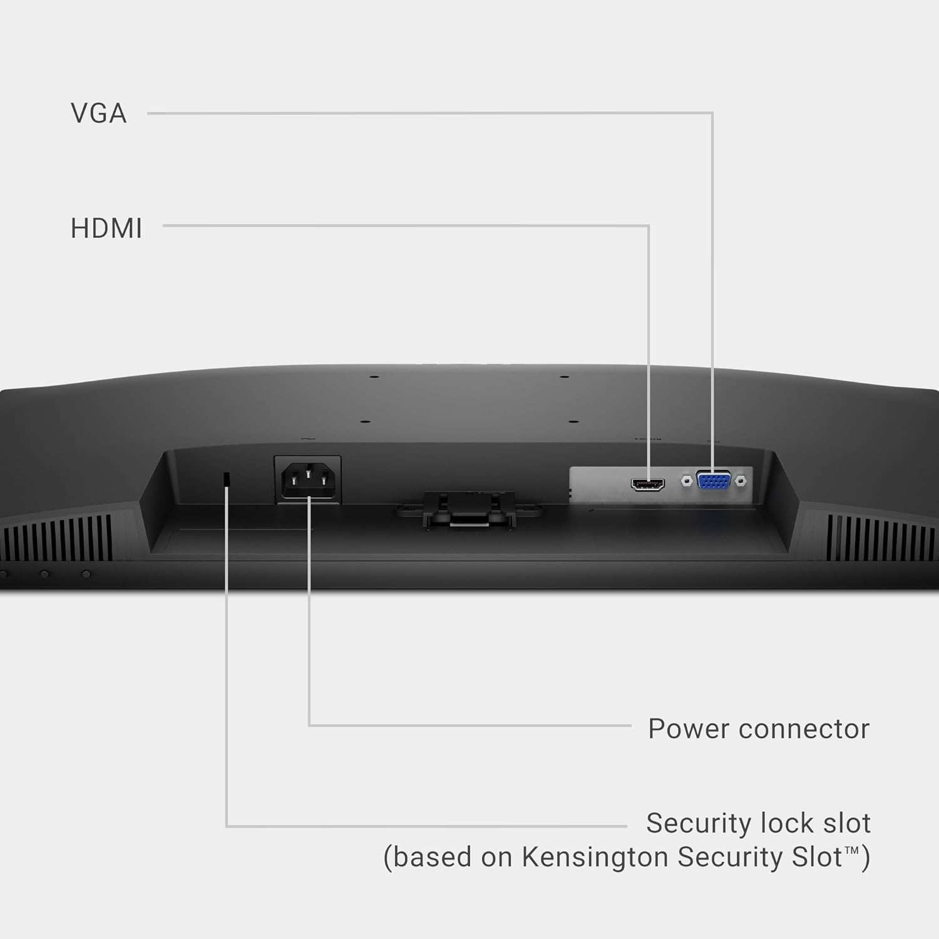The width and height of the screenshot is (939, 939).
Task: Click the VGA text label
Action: click(x=98, y=113)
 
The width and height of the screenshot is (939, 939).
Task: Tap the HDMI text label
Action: click(x=106, y=228)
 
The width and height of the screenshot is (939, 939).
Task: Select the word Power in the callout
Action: click(x=687, y=729)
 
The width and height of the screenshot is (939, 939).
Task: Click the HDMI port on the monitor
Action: click(x=648, y=484)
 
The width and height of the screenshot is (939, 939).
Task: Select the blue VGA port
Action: click(x=714, y=481)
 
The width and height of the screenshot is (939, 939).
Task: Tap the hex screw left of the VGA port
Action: click(x=686, y=481)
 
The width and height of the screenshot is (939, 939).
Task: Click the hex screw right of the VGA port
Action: click(x=741, y=481)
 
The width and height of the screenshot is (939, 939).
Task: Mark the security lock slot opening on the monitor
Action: click(x=227, y=478)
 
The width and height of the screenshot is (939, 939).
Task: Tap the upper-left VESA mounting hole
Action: click(x=374, y=377)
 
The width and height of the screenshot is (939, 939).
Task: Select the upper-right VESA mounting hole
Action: click(x=564, y=377)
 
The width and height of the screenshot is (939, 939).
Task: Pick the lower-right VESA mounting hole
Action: click(x=574, y=423)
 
